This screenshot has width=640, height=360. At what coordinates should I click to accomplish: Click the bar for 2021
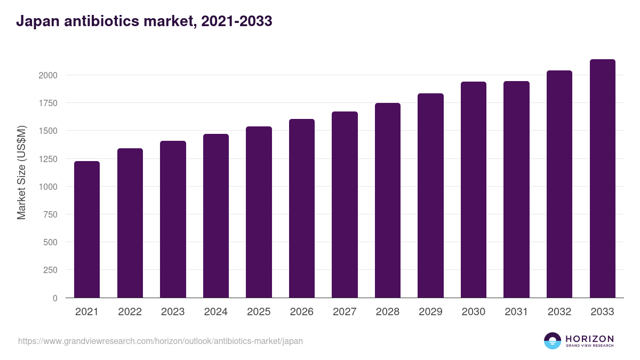tap(87, 229)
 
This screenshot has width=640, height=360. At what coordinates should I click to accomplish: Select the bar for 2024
tap(216, 216)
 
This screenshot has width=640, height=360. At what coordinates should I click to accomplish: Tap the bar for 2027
tap(345, 205)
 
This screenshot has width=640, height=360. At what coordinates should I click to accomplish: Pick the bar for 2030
tap(474, 190)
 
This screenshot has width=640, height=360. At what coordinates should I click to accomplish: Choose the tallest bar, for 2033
tap(602, 179)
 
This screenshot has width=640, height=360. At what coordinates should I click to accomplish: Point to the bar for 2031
tap(516, 189)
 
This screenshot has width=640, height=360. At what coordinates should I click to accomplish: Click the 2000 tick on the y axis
tap(47, 75)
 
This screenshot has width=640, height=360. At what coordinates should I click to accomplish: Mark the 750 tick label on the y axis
tap(50, 214)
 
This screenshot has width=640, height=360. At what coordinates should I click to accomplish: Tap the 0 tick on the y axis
tap(55, 298)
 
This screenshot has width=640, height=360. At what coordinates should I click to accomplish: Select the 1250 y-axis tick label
tap(47, 159)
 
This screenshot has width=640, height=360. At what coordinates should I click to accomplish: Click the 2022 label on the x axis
tap(130, 312)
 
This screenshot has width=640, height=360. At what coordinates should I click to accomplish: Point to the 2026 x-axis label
tap(301, 312)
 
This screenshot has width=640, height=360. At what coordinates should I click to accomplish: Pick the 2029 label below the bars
tap(430, 312)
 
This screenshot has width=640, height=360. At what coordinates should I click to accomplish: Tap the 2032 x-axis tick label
tap(559, 312)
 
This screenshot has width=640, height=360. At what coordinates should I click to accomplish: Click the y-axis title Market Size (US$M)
tap(21, 172)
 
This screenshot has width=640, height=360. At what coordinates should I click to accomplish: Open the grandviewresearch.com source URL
tap(161, 341)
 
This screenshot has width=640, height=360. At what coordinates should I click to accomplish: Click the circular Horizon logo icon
tap(553, 341)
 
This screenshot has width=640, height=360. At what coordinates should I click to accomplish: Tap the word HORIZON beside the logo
tap(589, 338)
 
